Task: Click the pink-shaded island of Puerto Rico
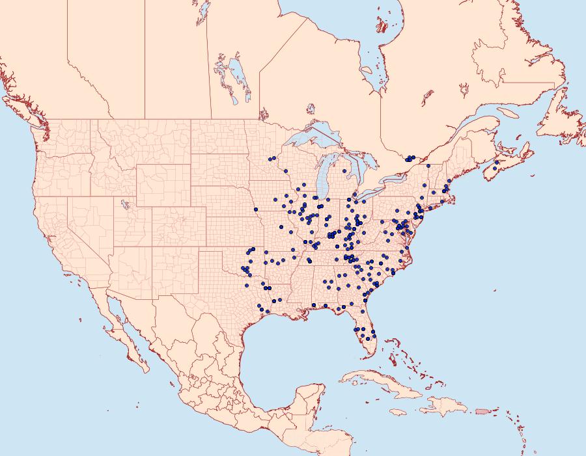coord(482,410)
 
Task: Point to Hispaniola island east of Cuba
coord(446,408)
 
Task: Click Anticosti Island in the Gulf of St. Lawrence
coord(507,112)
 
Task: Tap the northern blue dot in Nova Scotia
coord(497,162)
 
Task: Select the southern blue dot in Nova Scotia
coord(495,169)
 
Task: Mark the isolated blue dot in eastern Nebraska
coord(256,209)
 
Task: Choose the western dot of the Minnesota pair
coord(270,159)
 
